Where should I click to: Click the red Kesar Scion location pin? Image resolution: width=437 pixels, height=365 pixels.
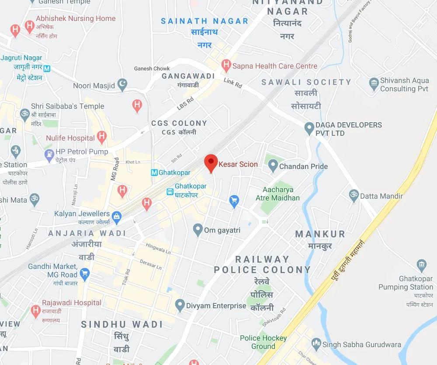pyautogui.click(x=212, y=163)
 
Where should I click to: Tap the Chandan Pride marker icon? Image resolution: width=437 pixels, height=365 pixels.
pyautogui.click(x=273, y=166)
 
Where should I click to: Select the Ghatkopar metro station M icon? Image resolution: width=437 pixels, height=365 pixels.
pyautogui.click(x=154, y=172)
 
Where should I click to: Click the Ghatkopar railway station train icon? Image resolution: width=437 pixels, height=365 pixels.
pyautogui.click(x=170, y=192)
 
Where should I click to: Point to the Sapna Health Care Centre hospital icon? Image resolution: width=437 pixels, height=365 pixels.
pyautogui.click(x=226, y=66)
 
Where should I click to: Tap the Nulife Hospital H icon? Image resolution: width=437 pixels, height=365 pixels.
pyautogui.click(x=102, y=138)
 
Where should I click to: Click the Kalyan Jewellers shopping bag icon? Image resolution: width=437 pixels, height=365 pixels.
pyautogui.click(x=116, y=215)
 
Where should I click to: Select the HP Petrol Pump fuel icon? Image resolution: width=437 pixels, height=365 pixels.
pyautogui.click(x=49, y=154)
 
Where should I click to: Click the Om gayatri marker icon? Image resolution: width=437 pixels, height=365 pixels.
pyautogui.click(x=198, y=229)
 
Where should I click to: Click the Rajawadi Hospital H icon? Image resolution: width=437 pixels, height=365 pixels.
pyautogui.click(x=36, y=310)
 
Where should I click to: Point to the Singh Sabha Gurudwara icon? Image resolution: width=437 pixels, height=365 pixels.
pyautogui.click(x=316, y=344)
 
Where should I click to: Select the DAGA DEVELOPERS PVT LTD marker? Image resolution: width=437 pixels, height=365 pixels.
pyautogui.click(x=309, y=128)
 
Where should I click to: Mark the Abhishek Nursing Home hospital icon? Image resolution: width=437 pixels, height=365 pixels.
pyautogui.click(x=29, y=25)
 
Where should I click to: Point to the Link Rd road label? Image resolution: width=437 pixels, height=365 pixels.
pyautogui.click(x=232, y=83)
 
